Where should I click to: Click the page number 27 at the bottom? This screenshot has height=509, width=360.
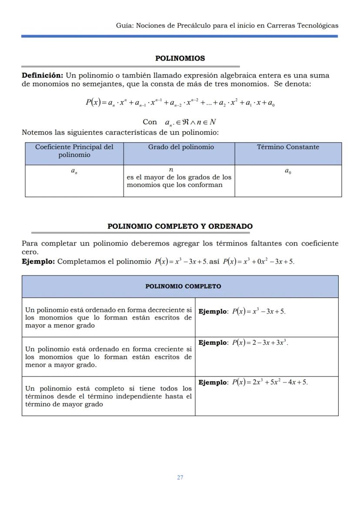pyautogui.click(x=180, y=477)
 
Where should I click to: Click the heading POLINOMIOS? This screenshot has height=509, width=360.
pyautogui.click(x=180, y=58)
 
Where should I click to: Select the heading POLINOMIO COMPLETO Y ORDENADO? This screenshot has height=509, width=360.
pyautogui.click(x=180, y=226)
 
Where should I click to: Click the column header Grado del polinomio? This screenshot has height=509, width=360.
pyautogui.click(x=181, y=147)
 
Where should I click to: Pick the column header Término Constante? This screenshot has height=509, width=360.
pyautogui.click(x=288, y=147)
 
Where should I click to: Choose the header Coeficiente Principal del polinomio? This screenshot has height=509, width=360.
pyautogui.click(x=74, y=151)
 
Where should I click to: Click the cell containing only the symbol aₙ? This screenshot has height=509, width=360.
pyautogui.click(x=74, y=171)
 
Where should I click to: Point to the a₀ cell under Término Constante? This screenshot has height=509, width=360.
pyautogui.click(x=288, y=171)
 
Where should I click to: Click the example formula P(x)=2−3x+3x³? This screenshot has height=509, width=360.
pyautogui.click(x=260, y=343)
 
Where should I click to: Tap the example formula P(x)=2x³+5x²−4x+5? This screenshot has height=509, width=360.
pyautogui.click(x=270, y=383)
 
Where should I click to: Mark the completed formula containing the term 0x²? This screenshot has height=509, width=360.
pyautogui.click(x=258, y=262)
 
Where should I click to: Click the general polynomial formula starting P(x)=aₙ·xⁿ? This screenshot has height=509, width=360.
pyautogui.click(x=180, y=103)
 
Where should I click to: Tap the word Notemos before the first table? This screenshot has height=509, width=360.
pyautogui.click(x=36, y=132)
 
